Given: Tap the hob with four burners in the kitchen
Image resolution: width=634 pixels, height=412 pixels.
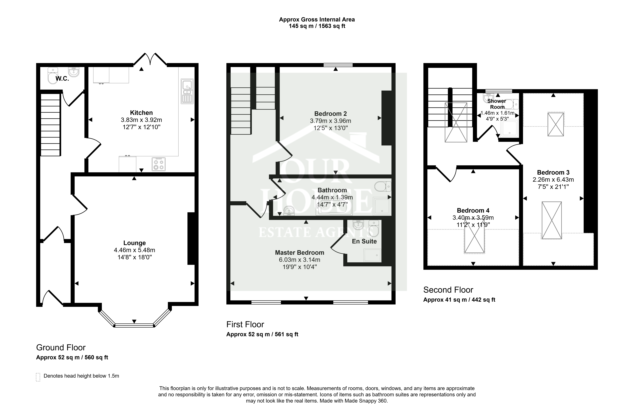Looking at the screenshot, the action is tap(159, 164).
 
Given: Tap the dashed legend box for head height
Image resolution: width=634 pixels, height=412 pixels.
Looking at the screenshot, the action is tap(38, 377).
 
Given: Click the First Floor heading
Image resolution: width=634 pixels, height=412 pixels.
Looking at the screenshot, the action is tap(245, 324).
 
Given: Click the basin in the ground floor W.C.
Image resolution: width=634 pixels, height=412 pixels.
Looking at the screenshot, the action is tap(74, 72).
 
